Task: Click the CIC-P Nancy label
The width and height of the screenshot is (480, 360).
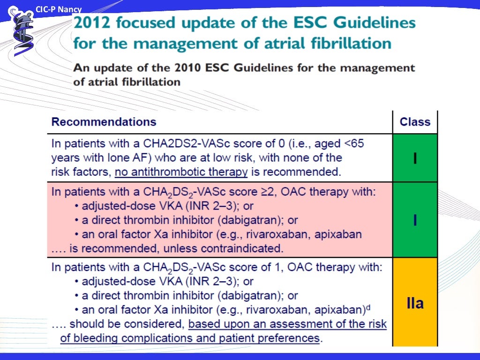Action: (59, 9)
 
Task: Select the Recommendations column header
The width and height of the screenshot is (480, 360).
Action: (104, 122)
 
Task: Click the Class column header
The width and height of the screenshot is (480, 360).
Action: (414, 122)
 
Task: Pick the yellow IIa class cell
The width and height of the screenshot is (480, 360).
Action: (414, 303)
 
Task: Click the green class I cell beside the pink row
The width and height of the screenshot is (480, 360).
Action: (414, 220)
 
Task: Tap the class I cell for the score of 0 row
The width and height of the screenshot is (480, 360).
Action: (414, 158)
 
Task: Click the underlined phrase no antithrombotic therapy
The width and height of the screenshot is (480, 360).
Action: (181, 172)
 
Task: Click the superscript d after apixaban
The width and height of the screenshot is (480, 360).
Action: (368, 307)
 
